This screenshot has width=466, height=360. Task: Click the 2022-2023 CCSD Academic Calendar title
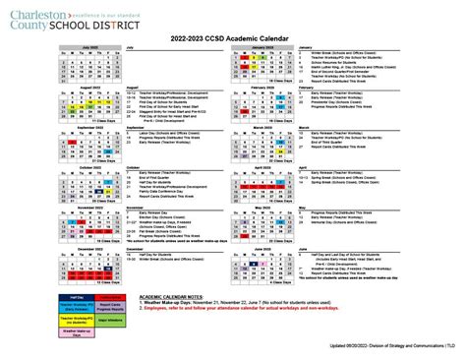pos(232,36)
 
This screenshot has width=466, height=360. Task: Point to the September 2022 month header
pos(90,127)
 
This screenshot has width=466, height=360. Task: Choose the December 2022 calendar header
pos(90,250)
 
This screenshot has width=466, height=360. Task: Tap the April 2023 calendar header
pos(262,167)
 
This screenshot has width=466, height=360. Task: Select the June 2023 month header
pos(262,250)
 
